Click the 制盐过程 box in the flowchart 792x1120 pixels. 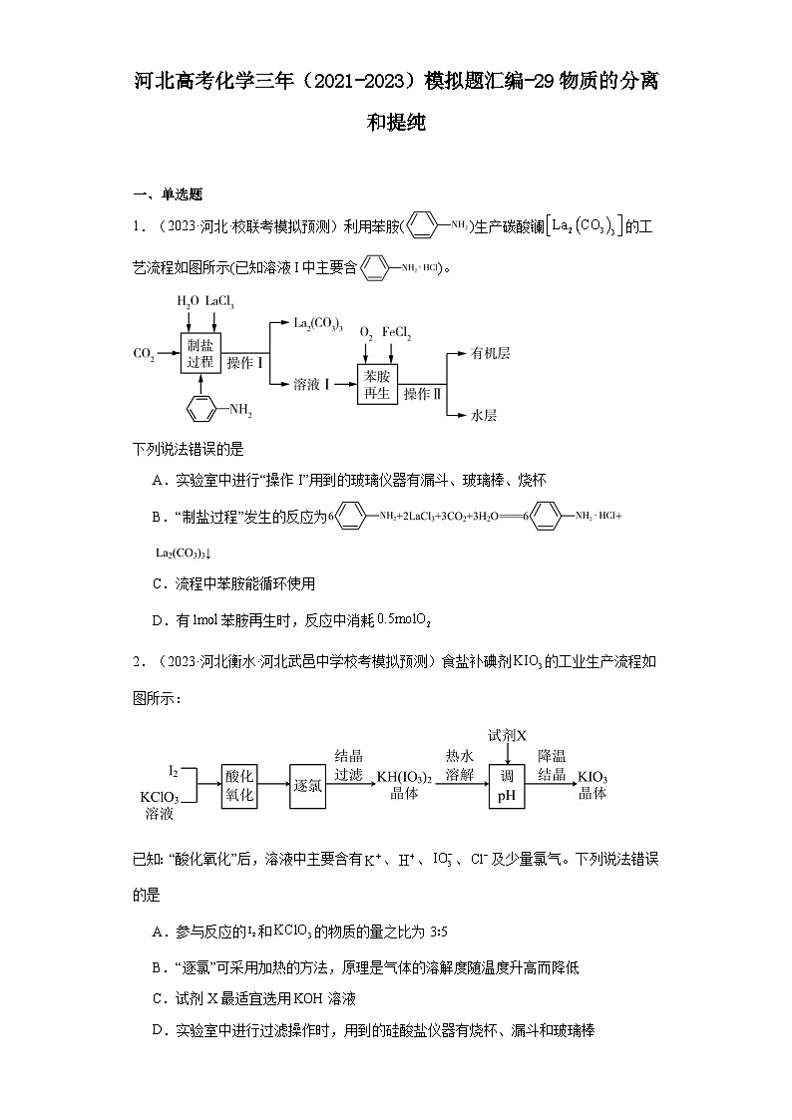coord(200,353)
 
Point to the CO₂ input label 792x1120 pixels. coord(144,354)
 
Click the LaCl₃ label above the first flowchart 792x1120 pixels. coord(219,300)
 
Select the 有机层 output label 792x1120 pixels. coord(490,353)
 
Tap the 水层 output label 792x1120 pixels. coord(484,415)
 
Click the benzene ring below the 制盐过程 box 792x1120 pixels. coord(201,409)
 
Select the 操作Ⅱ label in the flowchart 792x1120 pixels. coord(422,394)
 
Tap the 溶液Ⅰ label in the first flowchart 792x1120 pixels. coord(312,384)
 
